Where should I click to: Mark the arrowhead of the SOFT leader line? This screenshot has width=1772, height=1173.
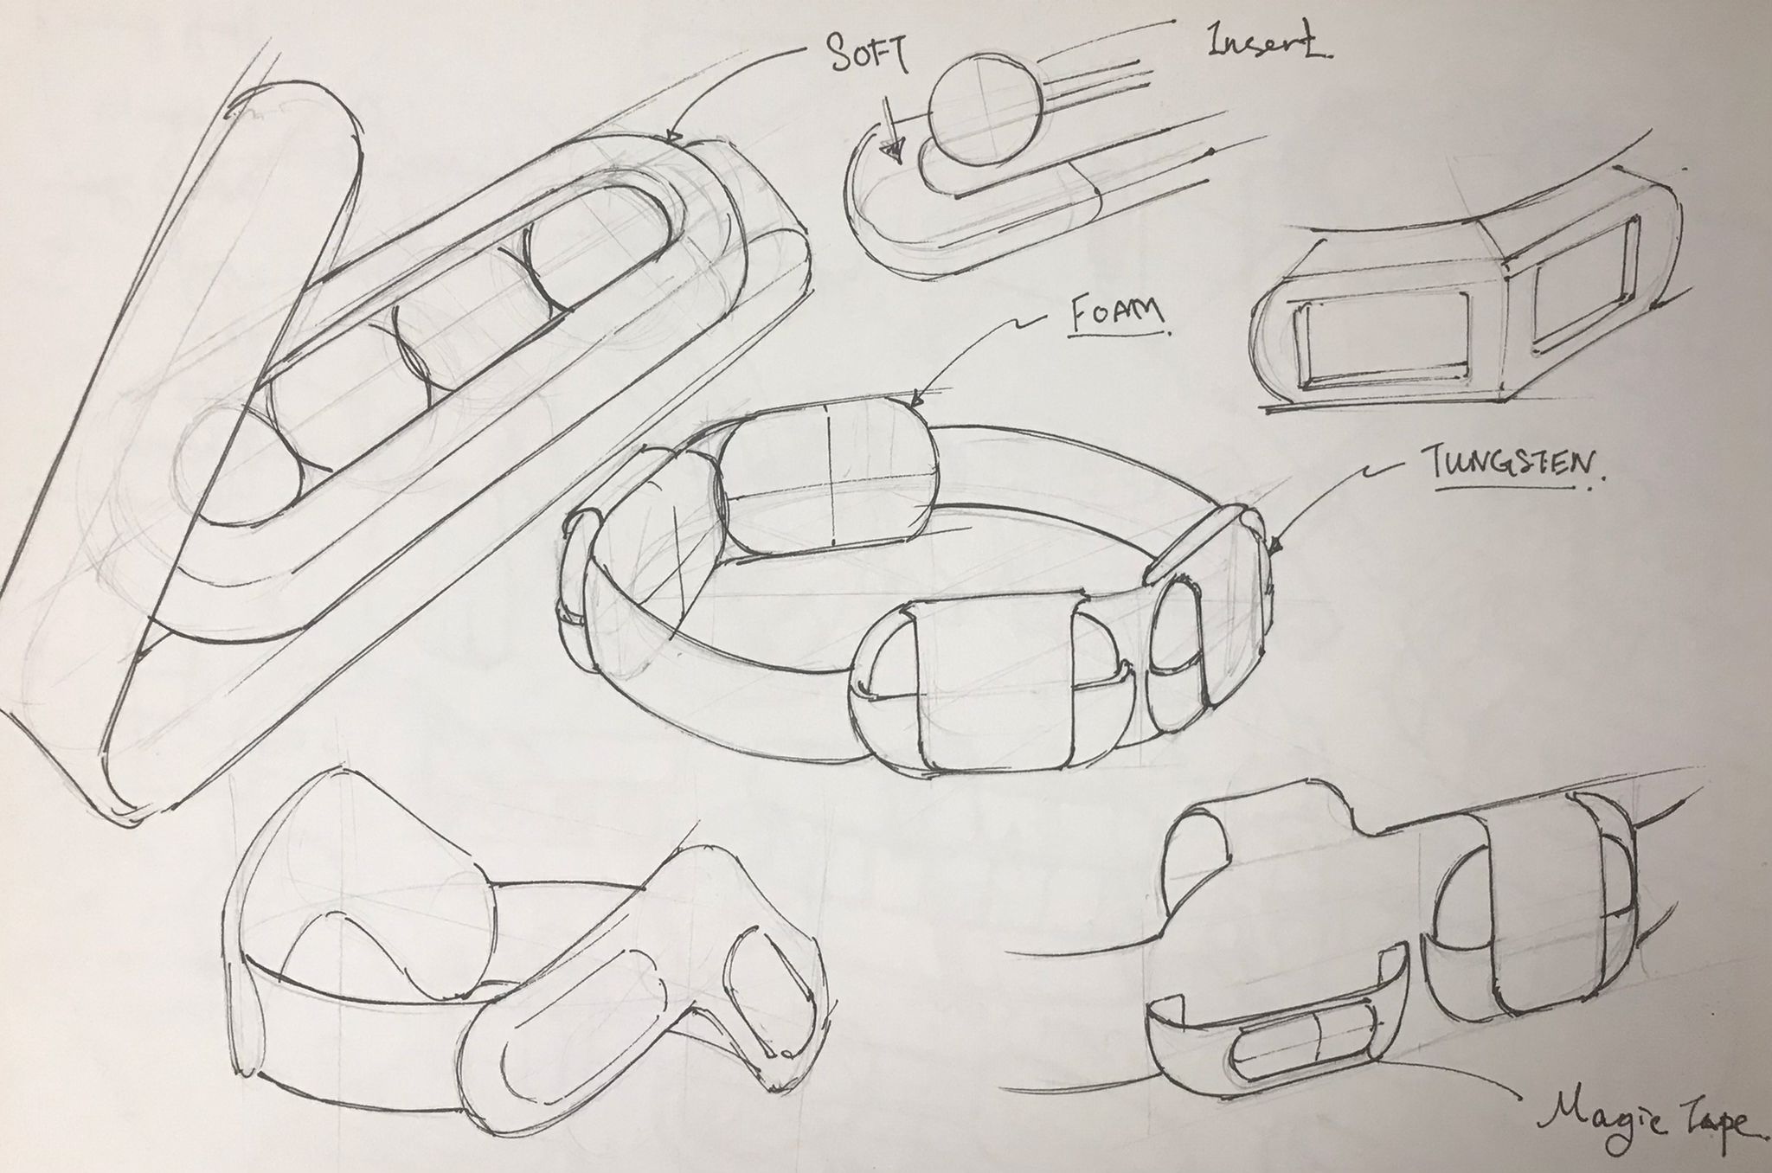(x=673, y=137)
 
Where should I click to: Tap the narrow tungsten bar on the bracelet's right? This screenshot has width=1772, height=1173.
(x=1197, y=545)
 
